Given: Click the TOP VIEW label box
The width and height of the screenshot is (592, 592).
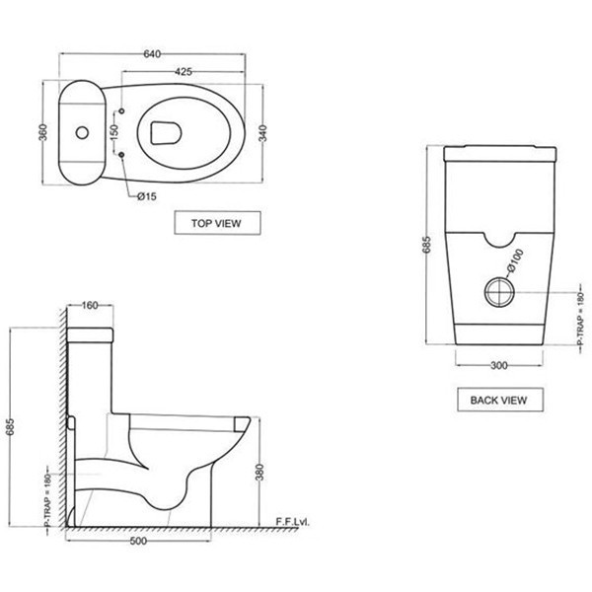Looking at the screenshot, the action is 217,223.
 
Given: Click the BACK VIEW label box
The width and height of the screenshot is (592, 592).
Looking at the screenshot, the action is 500,400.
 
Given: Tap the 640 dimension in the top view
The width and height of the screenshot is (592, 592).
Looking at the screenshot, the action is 152,54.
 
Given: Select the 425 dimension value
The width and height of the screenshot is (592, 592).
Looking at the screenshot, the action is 184,71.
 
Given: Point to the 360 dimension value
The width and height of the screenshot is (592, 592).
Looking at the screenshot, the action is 43,132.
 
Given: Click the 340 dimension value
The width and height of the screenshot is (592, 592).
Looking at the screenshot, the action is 262,133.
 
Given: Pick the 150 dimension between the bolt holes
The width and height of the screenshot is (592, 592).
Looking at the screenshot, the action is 113,132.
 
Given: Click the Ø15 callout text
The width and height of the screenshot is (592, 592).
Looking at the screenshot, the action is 146,196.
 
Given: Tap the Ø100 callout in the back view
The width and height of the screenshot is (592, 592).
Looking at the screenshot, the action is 515,260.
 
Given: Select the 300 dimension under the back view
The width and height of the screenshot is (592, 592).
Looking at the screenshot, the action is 499,365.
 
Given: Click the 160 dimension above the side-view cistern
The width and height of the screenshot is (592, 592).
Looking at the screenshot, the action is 90,305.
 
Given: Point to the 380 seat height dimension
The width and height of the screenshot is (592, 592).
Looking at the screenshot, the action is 259,472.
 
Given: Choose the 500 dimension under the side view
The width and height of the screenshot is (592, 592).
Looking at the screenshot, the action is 138,541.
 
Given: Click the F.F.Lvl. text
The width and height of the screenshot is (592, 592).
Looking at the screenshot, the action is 293,522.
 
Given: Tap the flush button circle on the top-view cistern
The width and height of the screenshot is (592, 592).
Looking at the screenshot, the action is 82,132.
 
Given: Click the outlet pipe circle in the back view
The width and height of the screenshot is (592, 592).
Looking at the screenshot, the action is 499,292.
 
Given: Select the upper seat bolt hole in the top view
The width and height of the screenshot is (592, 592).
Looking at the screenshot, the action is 121,111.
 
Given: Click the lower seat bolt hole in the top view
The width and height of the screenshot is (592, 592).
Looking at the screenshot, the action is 121,155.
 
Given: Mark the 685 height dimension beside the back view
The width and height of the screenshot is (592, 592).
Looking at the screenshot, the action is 426,245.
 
